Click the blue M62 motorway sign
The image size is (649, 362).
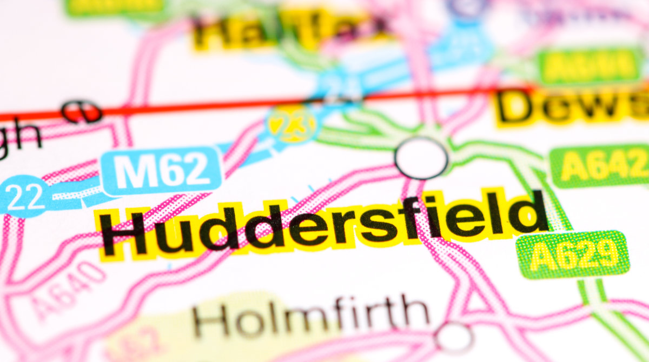[x=162, y=170]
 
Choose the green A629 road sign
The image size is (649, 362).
[x=573, y=254]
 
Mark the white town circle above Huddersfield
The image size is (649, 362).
[x=421, y=158]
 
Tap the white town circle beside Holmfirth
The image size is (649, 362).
[x=454, y=338]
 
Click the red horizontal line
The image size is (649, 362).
[x=216, y=105]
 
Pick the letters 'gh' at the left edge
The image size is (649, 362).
[x=19, y=138]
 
